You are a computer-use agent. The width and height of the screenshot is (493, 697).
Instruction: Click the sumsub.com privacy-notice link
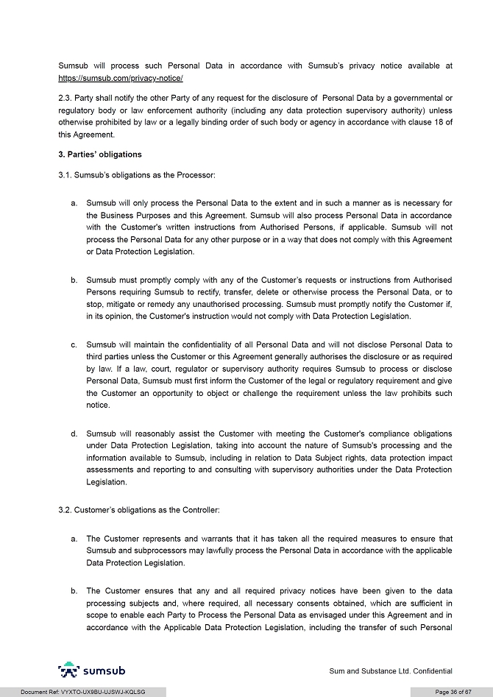[x=121, y=78]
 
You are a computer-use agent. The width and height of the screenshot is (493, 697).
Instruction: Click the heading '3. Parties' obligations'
[x=100, y=155]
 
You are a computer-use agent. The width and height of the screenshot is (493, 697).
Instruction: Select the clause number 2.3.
[x=66, y=98]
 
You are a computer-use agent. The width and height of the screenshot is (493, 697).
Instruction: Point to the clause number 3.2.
[x=66, y=510]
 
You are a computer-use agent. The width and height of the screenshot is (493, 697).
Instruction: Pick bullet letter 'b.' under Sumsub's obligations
[x=74, y=280]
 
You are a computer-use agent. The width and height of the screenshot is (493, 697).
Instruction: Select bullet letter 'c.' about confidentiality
[x=74, y=344]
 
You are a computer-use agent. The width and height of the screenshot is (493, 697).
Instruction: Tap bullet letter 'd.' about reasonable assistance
[x=74, y=434]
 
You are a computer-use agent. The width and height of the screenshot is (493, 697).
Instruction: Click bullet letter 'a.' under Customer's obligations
[x=74, y=539]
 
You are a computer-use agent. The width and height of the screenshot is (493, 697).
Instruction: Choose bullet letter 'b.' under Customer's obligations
[x=74, y=590]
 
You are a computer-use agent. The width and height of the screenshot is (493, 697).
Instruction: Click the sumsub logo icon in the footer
[x=69, y=670]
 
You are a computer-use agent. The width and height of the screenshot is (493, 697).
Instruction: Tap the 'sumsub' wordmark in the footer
[x=104, y=671]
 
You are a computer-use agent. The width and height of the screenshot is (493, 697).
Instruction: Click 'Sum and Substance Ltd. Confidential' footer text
[x=390, y=671]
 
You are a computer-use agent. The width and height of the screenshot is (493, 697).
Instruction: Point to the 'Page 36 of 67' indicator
[x=453, y=692]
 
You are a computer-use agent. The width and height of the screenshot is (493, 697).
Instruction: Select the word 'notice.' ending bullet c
[x=98, y=406]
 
